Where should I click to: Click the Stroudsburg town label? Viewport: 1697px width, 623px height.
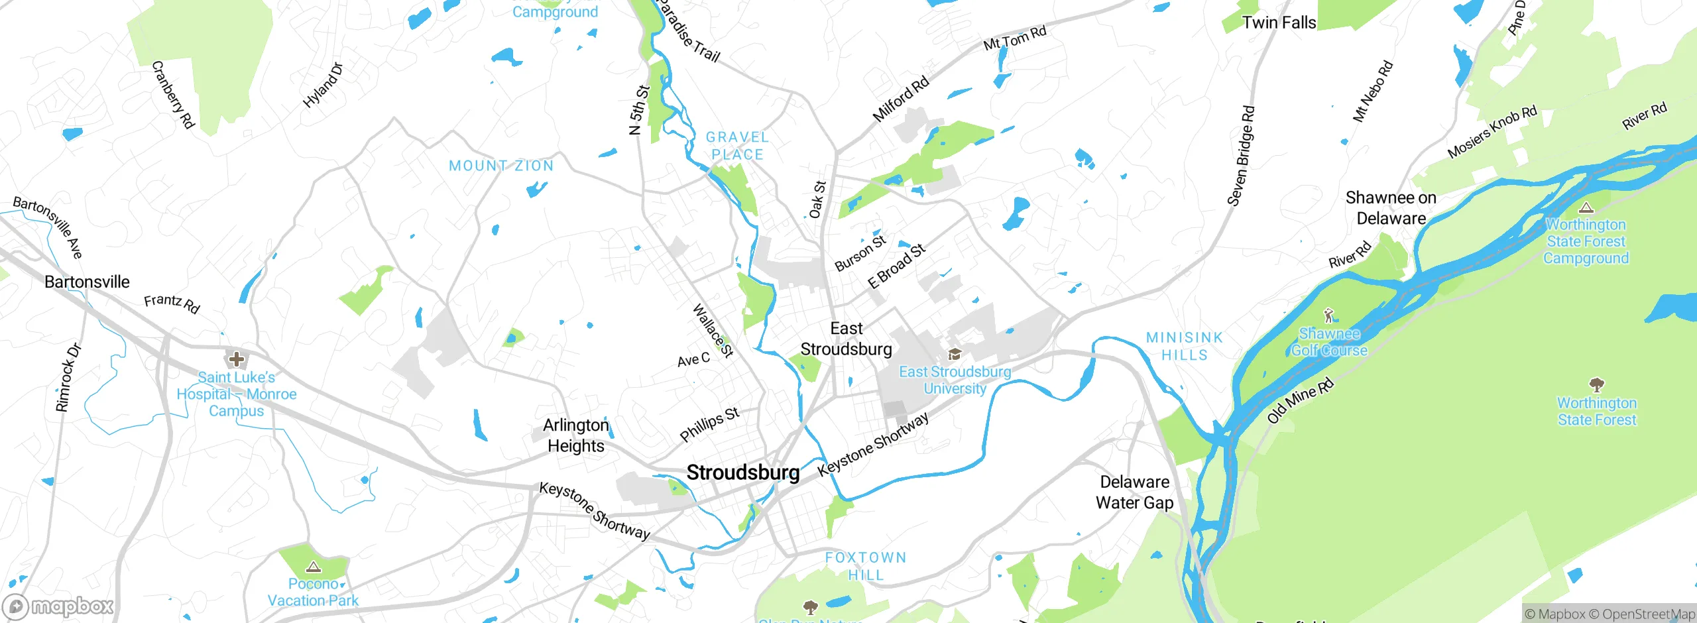pos(743,473)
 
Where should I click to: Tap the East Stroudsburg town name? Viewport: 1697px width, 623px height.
pos(847,339)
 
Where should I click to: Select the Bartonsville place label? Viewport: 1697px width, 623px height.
pos(87,282)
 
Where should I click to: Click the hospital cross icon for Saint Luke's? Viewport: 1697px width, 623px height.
pos(236,360)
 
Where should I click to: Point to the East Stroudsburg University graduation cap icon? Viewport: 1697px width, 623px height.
pos(955,355)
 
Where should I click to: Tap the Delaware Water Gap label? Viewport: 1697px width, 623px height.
pos(1134,492)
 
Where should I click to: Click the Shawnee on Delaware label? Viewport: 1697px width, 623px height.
pos(1391,208)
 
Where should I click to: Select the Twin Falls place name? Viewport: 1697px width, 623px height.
pos(1279,23)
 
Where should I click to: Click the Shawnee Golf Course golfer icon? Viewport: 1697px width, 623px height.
pos(1328,315)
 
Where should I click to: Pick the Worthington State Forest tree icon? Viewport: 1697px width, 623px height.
pos(1597,384)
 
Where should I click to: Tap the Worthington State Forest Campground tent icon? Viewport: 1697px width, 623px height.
pos(1586,207)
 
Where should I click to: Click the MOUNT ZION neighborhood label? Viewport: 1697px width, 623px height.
pos(501,166)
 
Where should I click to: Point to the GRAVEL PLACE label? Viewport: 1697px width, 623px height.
pos(737,146)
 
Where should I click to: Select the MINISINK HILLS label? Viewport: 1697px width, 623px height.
pos(1185,347)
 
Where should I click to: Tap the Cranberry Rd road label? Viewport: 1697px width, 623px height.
pos(173,95)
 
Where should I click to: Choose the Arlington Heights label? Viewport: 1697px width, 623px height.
pos(575,435)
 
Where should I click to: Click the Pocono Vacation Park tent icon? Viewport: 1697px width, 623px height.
pos(314,567)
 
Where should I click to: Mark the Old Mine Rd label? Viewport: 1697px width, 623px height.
pos(1300,401)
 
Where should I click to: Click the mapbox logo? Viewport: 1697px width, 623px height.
pos(58,606)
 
